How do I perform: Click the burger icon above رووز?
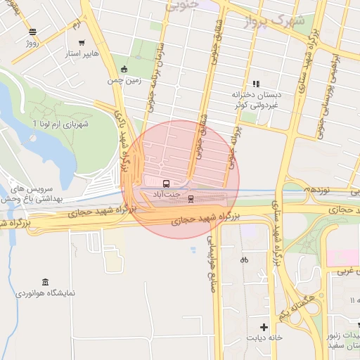[x=33, y=32]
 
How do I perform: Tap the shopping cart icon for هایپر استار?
[x=82, y=42]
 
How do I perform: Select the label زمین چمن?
[x=124, y=80]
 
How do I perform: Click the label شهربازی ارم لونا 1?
[x=59, y=124]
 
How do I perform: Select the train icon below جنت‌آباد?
[x=191, y=199]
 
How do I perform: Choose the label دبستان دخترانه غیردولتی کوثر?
[x=257, y=98]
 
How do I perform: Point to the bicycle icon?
[x=244, y=259]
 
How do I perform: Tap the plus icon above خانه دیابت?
[x=264, y=327]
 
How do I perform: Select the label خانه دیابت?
[x=264, y=338]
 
